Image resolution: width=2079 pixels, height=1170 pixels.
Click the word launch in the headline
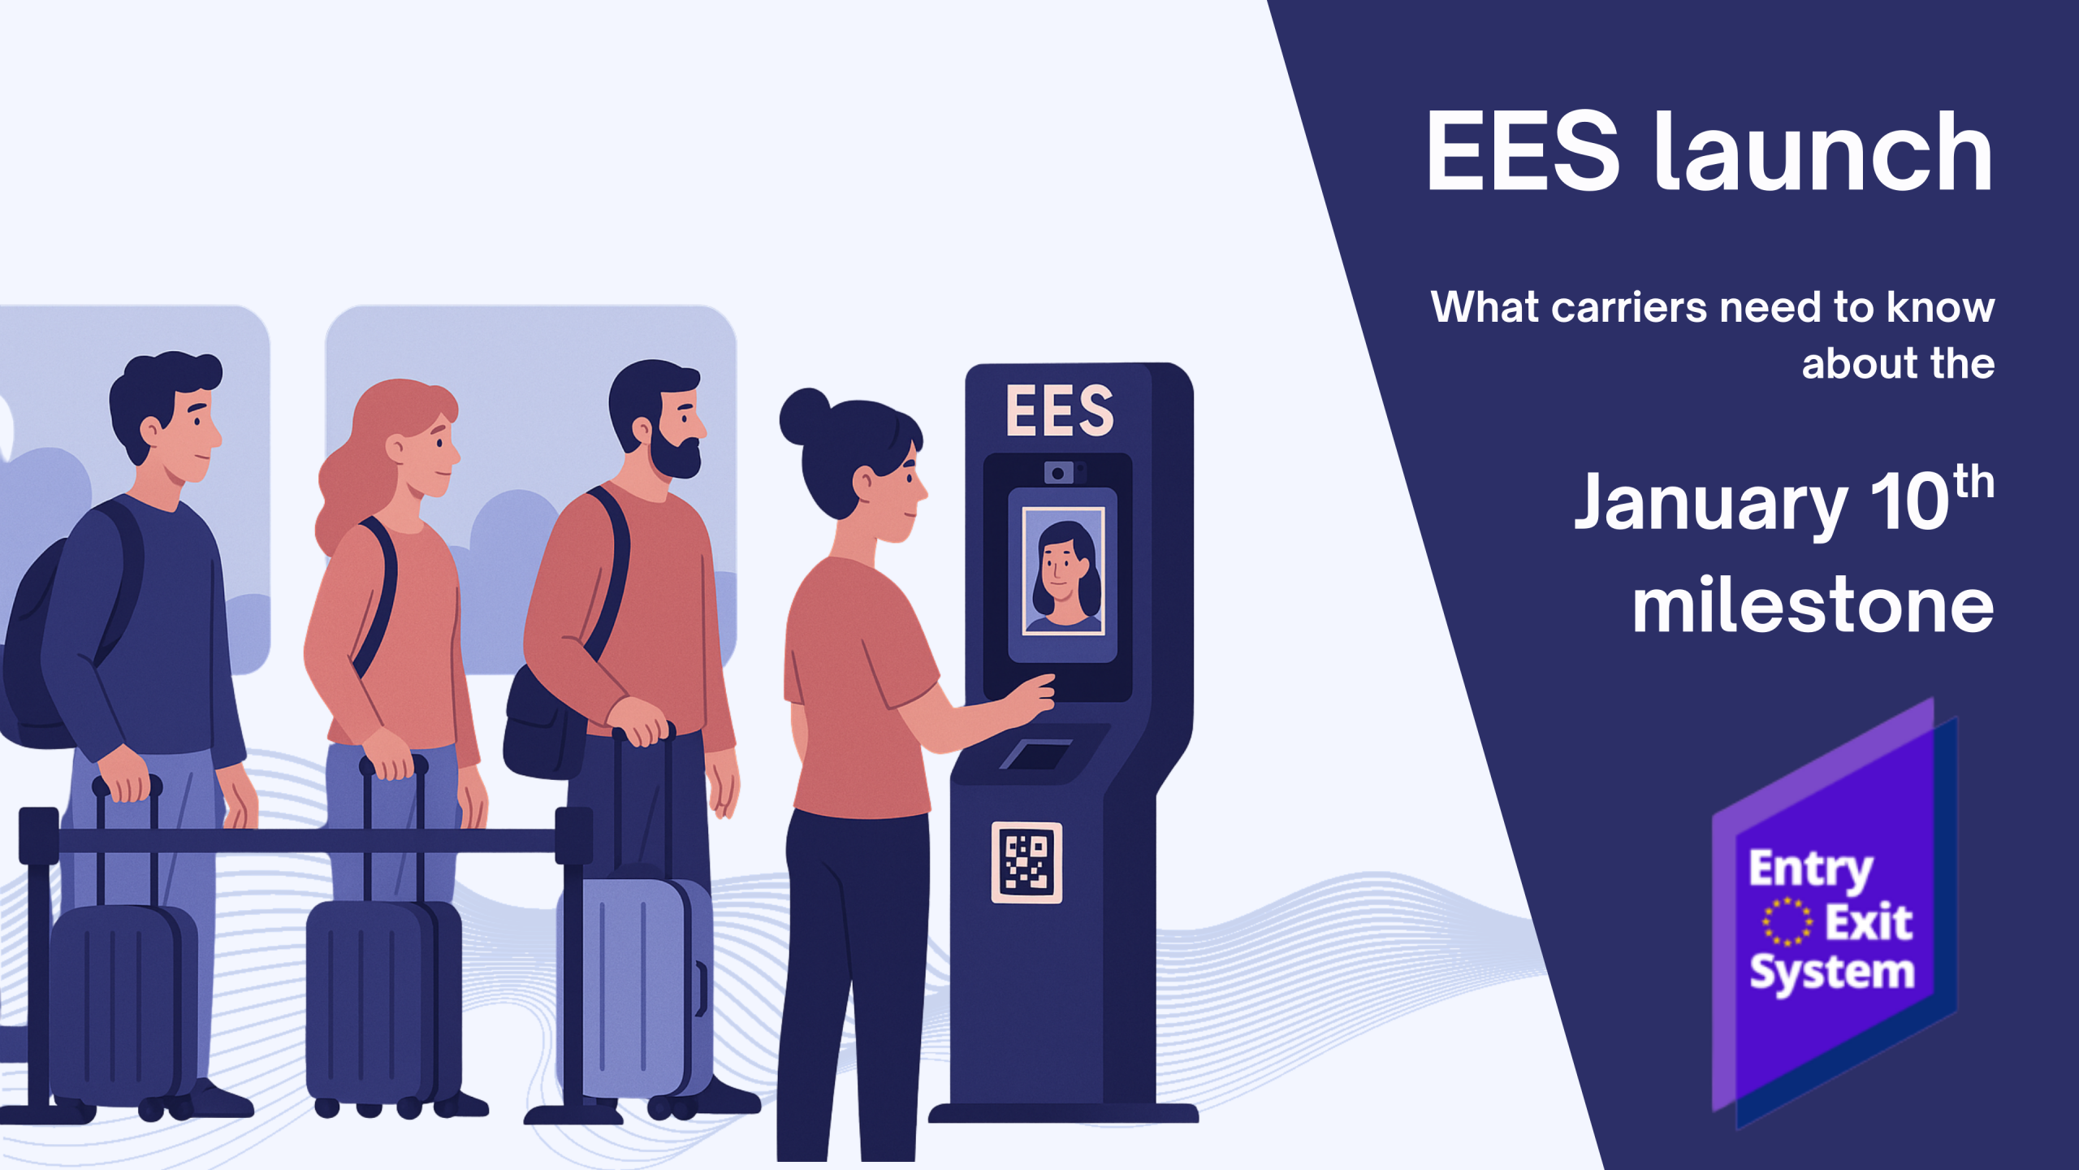pos(1823,153)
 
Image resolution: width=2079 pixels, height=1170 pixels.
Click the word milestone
pos(1813,605)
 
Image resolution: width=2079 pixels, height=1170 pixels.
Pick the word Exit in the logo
pos(1869,921)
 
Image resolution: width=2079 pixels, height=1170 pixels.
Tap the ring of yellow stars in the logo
pos(1787,921)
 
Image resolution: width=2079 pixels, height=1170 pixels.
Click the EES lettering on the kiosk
pos(1060,410)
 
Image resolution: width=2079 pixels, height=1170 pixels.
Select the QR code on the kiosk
pos(1027,862)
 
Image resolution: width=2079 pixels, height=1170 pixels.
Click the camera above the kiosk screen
pos(1058,473)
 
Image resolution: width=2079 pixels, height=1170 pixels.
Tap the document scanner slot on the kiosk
pos(1037,754)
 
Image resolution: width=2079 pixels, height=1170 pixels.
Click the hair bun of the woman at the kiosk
pos(803,416)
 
